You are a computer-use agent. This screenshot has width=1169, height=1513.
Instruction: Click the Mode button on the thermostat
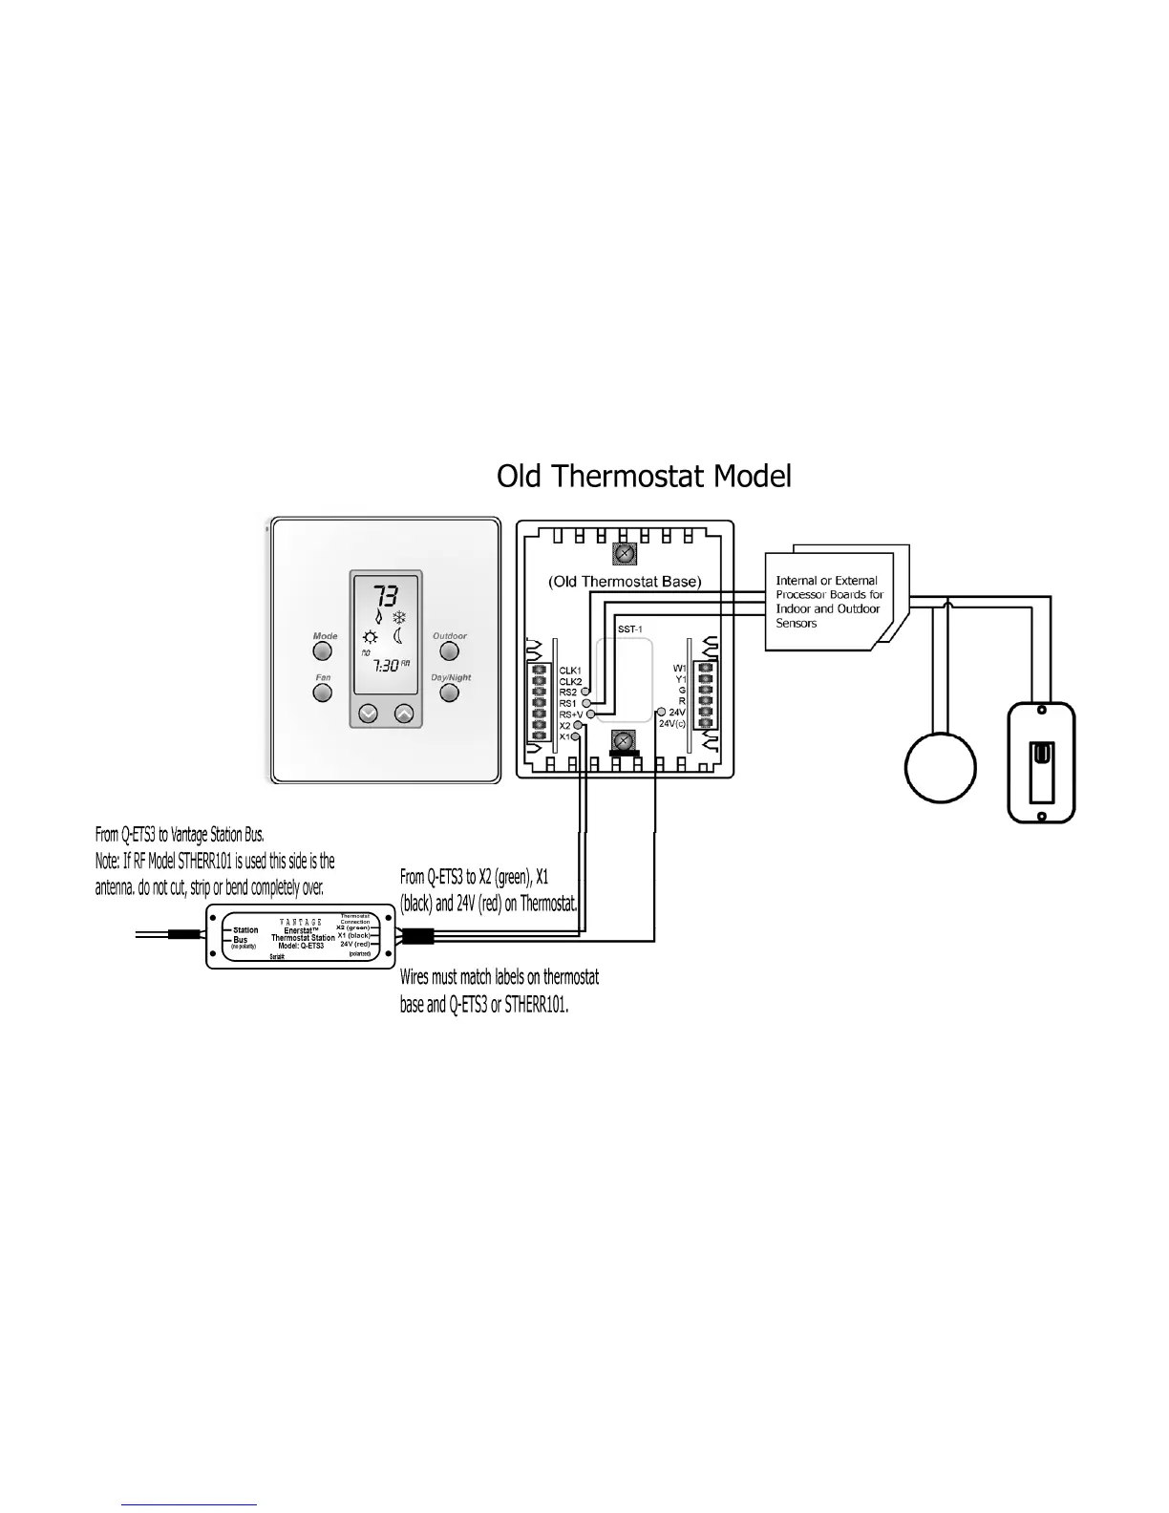point(323,651)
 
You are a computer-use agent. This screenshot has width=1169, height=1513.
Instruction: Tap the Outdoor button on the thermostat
point(449,651)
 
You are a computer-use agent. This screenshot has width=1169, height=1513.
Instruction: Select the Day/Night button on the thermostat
point(449,693)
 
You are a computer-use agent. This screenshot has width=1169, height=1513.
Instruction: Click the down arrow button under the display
point(368,714)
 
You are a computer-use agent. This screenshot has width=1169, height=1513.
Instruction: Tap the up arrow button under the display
point(404,714)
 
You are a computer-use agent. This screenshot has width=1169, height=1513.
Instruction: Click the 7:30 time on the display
point(386,665)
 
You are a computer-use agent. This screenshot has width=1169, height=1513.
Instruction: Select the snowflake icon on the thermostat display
point(400,617)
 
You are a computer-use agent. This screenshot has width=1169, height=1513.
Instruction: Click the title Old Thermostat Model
point(644,476)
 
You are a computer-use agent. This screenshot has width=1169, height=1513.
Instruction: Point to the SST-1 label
point(629,629)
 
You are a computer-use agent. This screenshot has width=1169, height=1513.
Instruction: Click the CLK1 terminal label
point(570,671)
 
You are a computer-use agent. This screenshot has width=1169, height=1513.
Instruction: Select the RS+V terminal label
point(570,714)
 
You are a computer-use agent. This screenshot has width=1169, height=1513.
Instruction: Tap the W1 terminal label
point(679,669)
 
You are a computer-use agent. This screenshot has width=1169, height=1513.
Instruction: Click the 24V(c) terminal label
point(672,724)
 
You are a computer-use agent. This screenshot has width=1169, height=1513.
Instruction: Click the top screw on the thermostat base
point(624,553)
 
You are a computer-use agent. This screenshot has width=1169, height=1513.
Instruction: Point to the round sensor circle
point(941,767)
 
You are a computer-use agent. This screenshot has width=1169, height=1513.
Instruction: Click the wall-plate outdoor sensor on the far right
point(1042,762)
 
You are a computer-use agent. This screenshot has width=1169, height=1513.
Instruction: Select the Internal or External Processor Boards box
point(828,602)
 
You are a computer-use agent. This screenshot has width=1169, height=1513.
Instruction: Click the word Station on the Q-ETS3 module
point(245,930)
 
